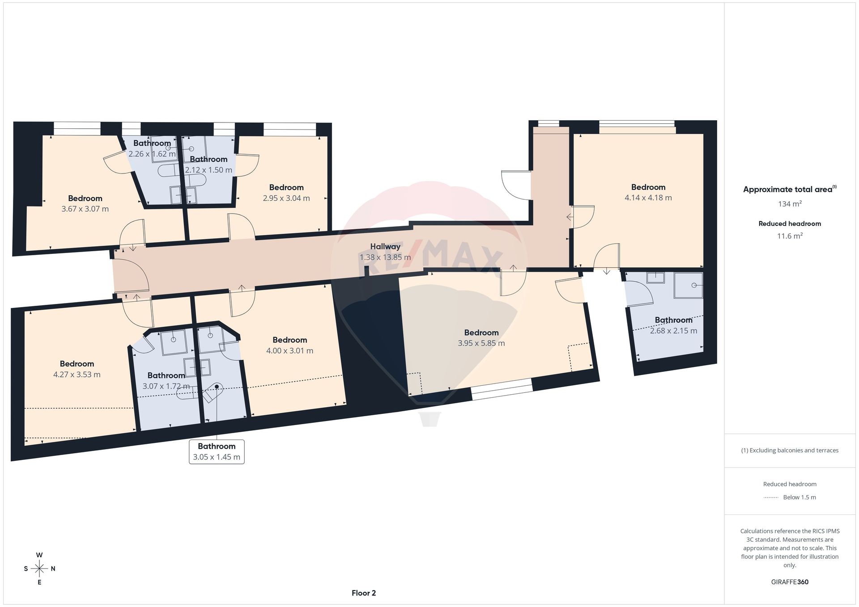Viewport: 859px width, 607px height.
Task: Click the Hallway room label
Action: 385,246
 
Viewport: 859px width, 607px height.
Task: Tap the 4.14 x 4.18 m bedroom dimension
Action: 648,198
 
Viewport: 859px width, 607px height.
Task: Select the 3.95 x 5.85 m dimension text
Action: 481,343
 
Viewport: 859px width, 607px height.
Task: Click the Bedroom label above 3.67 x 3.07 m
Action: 85,198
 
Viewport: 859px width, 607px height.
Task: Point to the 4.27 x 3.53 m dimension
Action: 77,375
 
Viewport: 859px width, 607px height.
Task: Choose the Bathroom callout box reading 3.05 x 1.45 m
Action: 217,451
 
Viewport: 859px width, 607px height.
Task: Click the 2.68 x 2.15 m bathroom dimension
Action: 674,331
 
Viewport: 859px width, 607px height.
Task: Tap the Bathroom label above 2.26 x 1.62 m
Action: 152,143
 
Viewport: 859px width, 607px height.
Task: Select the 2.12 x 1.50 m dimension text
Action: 208,170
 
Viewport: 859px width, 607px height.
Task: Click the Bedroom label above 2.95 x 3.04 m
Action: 286,187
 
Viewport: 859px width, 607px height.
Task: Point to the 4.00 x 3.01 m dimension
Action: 290,351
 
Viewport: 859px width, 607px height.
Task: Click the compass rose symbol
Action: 40,569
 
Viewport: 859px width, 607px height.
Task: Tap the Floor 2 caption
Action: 364,593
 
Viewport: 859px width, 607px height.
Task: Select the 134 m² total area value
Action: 790,204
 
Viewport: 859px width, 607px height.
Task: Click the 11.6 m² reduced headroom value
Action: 790,236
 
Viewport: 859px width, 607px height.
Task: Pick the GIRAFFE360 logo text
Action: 790,582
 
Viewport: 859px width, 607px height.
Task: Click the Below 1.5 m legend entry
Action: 790,497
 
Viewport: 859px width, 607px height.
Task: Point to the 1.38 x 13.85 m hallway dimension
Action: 385,257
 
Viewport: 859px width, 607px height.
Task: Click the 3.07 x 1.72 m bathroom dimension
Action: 166,386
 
